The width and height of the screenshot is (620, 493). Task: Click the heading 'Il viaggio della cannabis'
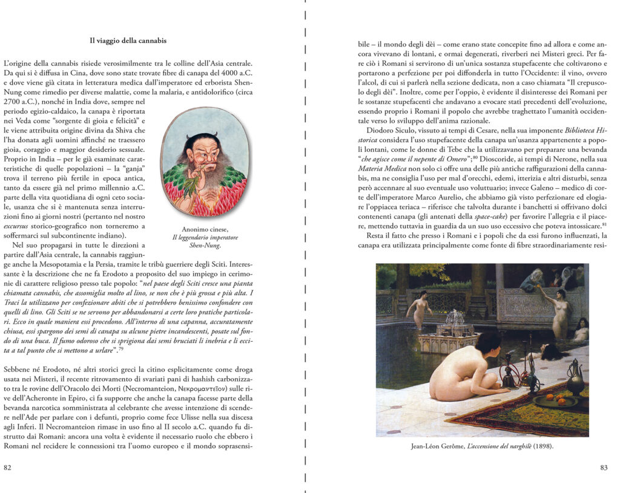pyautogui.click(x=128, y=41)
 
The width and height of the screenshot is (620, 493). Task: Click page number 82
pyautogui.click(x=8, y=467)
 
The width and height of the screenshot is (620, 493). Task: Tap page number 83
pyautogui.click(x=603, y=467)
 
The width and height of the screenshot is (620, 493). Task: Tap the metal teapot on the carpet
pyautogui.click(x=574, y=376)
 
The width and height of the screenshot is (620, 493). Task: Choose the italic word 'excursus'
pyautogui.click(x=17, y=226)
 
